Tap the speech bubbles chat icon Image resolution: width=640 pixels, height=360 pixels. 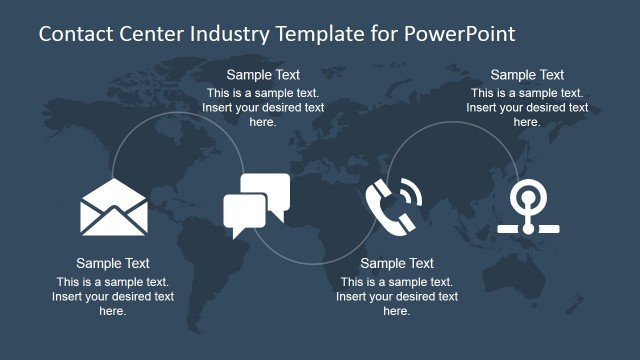pyautogui.click(x=256, y=204)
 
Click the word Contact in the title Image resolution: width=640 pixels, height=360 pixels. pyautogui.click(x=72, y=34)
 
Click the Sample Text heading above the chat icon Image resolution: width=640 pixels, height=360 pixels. pyautogui.click(x=263, y=75)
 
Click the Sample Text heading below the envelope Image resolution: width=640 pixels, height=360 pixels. pyautogui.click(x=113, y=264)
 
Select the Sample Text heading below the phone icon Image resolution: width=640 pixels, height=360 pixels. pyautogui.click(x=397, y=264)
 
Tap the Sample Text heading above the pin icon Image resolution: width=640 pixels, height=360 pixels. pyautogui.click(x=527, y=75)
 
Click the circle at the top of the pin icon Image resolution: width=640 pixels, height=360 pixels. pyautogui.click(x=526, y=196)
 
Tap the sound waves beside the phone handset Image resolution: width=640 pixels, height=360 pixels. pyautogui.click(x=409, y=191)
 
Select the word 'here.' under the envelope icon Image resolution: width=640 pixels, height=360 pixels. pyautogui.click(x=113, y=311)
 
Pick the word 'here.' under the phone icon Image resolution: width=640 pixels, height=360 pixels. pyautogui.click(x=397, y=311)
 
